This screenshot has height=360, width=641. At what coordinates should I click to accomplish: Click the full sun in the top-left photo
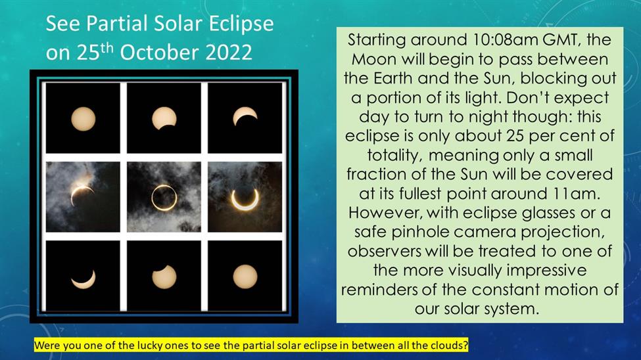click(x=83, y=119)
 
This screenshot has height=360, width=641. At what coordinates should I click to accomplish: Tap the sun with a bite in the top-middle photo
click(x=164, y=118)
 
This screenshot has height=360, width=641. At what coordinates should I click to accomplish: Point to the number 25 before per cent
click(x=514, y=136)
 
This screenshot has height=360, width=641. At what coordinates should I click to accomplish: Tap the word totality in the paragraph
click(x=394, y=156)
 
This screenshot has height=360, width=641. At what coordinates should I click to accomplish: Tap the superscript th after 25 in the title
click(x=107, y=47)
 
